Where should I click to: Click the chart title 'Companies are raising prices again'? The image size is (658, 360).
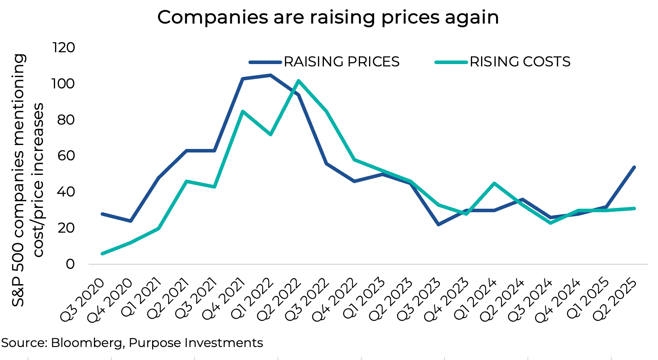(x=328, y=18)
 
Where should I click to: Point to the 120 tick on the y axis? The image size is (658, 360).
(x=64, y=48)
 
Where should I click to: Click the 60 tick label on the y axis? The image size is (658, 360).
(x=66, y=156)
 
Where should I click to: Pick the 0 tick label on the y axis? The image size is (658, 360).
(x=70, y=264)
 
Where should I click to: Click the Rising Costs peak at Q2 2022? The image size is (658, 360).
(x=299, y=81)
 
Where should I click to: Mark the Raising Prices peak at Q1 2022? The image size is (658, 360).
(x=270, y=75)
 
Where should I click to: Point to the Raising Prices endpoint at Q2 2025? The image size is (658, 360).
(x=634, y=167)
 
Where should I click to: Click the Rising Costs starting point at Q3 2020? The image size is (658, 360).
(x=103, y=253)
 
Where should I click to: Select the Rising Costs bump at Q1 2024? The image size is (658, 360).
(x=494, y=183)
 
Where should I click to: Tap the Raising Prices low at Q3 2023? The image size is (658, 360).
(x=438, y=224)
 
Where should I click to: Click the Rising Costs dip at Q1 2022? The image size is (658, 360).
(x=270, y=135)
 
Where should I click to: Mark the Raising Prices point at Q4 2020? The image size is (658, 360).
(x=130, y=221)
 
